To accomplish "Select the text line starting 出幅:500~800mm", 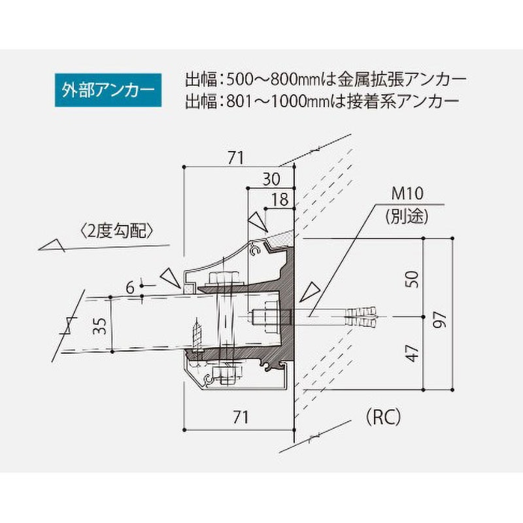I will click(x=326, y=81).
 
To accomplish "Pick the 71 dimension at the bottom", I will click(x=241, y=417).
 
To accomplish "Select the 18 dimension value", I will click(x=280, y=199).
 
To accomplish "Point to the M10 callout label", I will click(x=408, y=194).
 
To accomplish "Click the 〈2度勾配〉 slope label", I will click(x=118, y=230).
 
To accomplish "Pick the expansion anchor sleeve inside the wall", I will click(x=362, y=318).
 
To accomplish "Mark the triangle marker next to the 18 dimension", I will click(x=259, y=220).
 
